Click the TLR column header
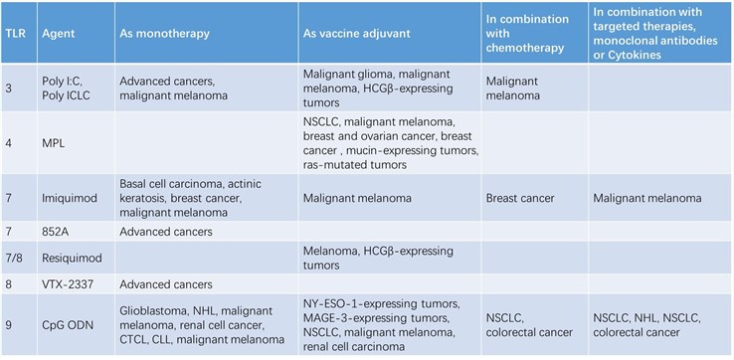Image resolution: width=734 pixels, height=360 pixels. (x=15, y=32)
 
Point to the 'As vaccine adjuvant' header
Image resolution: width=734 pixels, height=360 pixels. (x=357, y=32)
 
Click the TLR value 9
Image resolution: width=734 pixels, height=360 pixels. (x=10, y=321)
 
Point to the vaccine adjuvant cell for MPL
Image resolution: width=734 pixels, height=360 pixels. (x=391, y=142)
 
